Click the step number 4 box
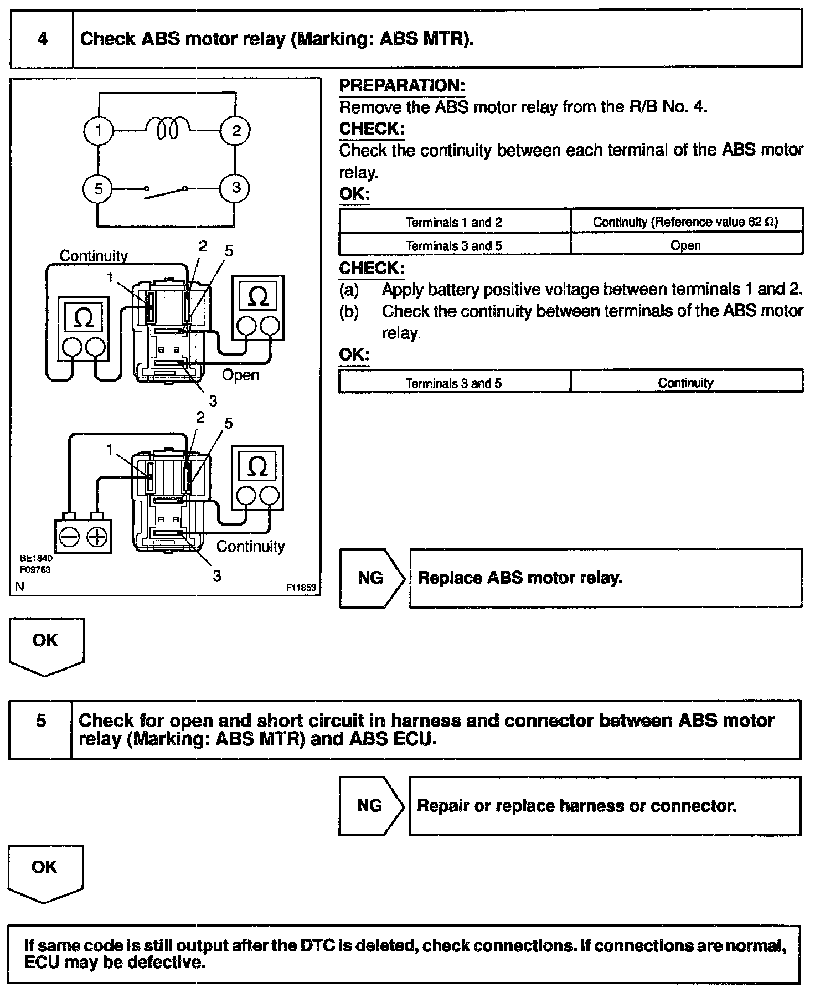42,39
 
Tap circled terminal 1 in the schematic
98,131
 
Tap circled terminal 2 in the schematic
236,131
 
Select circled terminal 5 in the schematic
98,189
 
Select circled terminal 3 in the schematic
236,188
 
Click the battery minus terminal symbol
70,537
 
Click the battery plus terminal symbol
97,537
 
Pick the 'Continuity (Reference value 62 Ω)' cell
686,222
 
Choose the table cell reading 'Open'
686,245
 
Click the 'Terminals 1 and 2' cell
454,222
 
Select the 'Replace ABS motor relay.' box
605,578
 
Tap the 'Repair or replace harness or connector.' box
605,806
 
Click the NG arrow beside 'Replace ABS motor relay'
370,578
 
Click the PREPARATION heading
402,86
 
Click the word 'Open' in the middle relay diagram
240,375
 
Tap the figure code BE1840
36,558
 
